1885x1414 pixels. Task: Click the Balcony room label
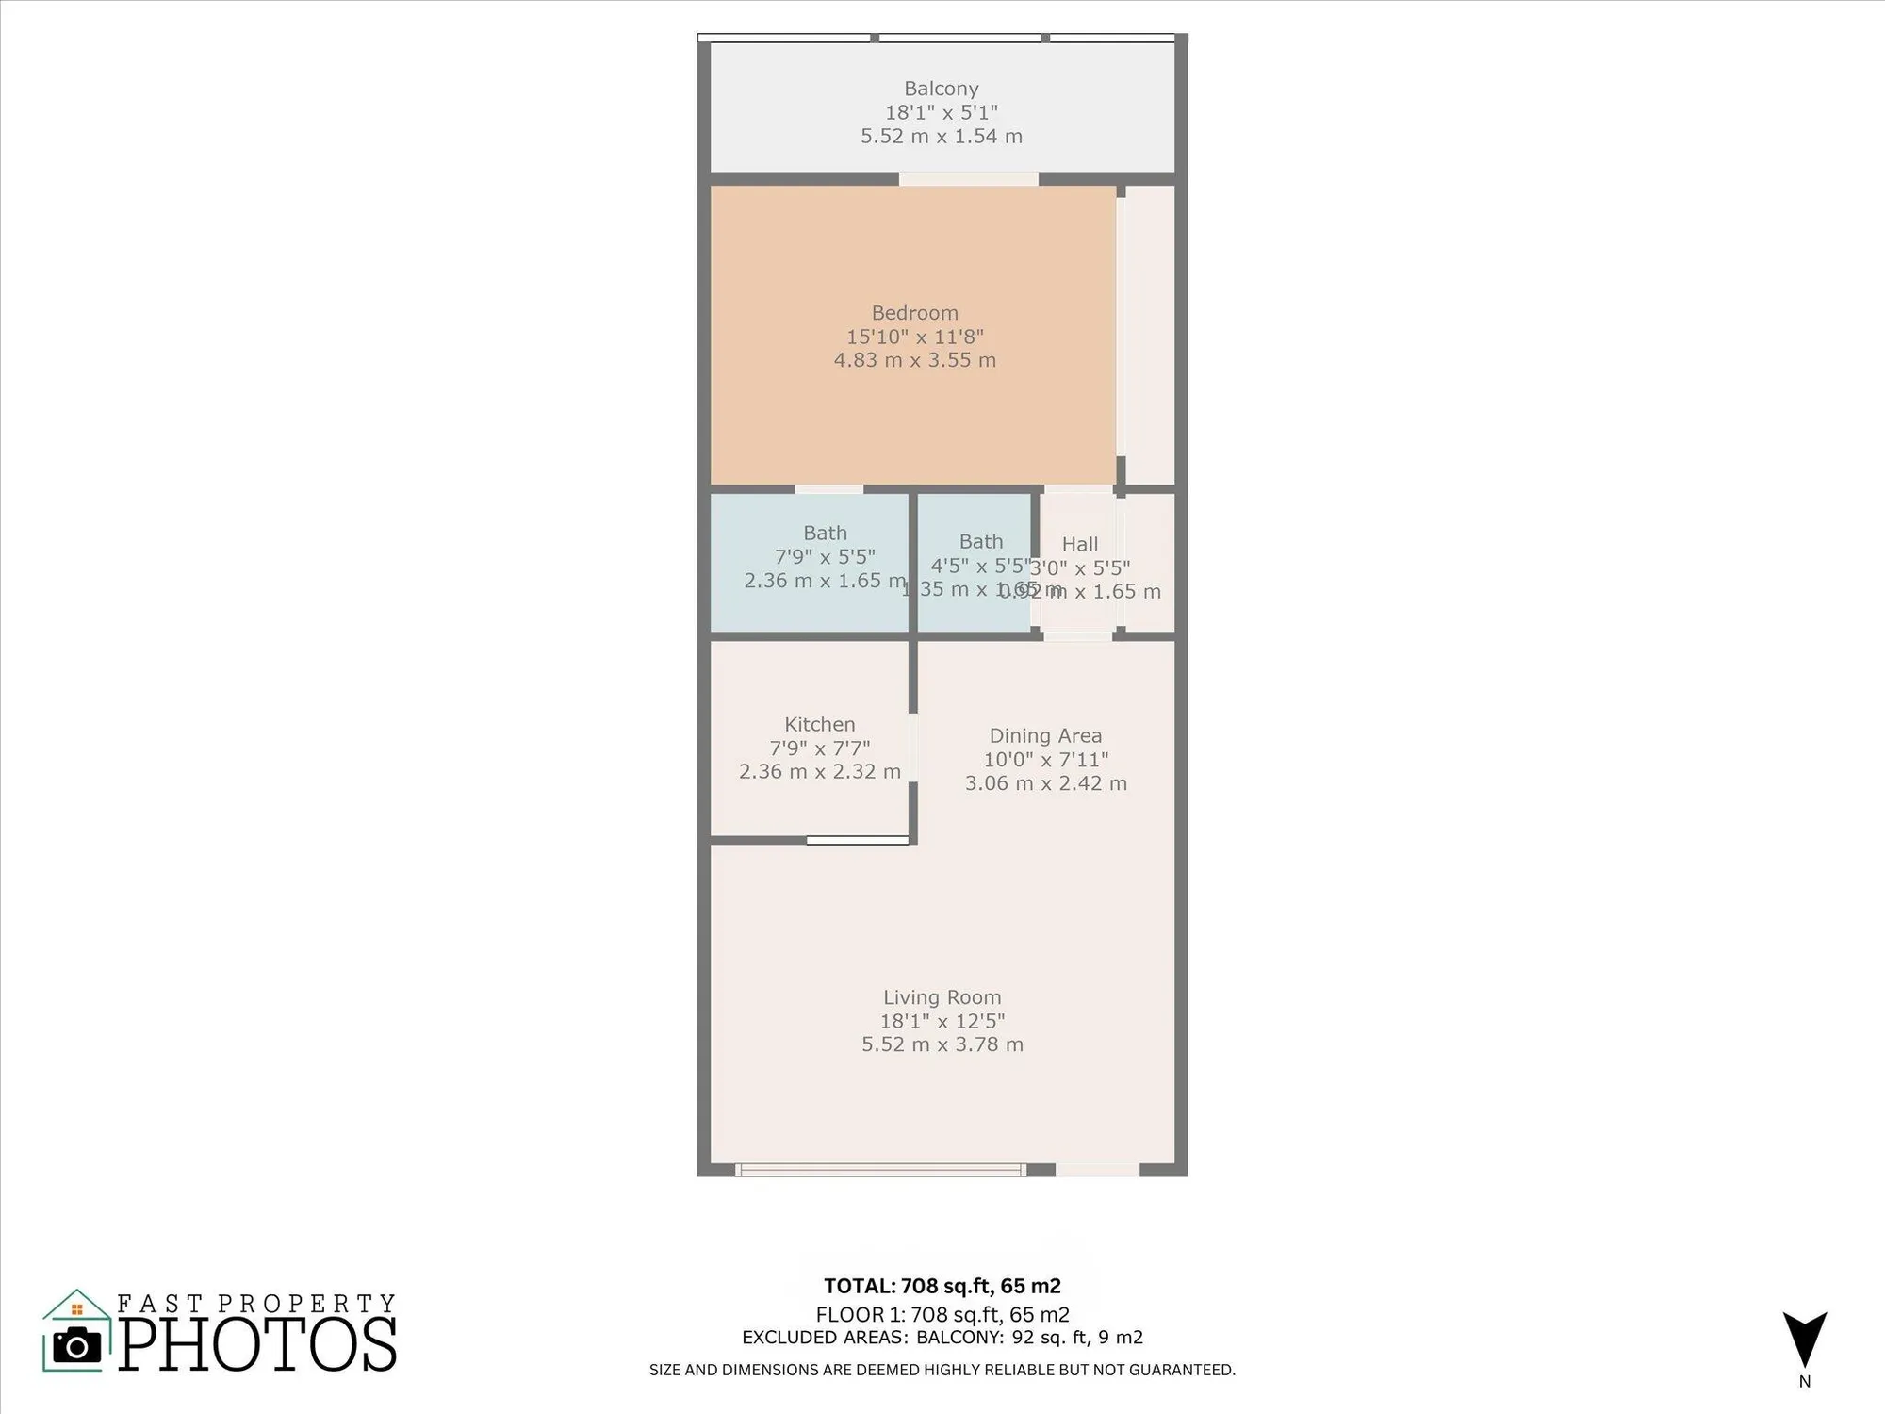coord(941,89)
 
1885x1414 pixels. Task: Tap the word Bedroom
coord(914,313)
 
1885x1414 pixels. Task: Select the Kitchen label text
coord(819,724)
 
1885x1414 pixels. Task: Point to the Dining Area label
coord(1045,735)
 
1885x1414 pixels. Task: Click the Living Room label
coord(942,997)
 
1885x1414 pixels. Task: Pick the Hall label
coord(1080,544)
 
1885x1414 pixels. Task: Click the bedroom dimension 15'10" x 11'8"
coord(914,337)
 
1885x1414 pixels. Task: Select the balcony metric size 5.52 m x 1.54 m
coord(941,136)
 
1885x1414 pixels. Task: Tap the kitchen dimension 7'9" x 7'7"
coord(819,748)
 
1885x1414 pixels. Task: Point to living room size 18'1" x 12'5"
coord(942,1021)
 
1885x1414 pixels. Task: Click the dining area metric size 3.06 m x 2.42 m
coord(1045,783)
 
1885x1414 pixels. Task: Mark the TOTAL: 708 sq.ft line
coord(942,1286)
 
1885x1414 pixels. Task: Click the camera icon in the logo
coord(76,1345)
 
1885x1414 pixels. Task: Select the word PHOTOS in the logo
coord(256,1345)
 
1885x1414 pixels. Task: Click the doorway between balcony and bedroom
coord(968,179)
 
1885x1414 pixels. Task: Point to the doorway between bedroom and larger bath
coord(828,489)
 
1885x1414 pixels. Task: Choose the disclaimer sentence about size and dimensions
coord(942,1370)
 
